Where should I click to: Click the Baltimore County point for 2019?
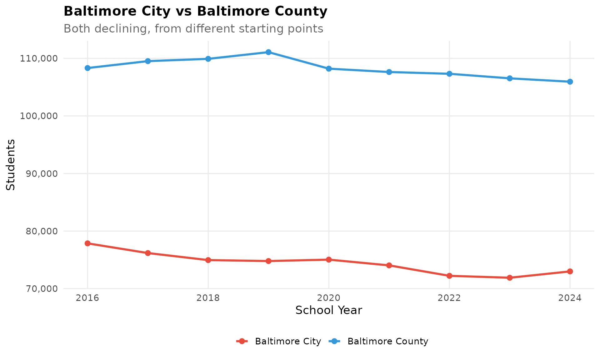pyautogui.click(x=268, y=52)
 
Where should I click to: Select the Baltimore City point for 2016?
pyautogui.click(x=87, y=243)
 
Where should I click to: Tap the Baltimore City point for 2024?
pyautogui.click(x=570, y=271)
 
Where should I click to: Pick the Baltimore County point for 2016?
pyautogui.click(x=87, y=68)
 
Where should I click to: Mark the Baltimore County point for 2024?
pyautogui.click(x=570, y=82)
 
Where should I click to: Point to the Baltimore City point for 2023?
pyautogui.click(x=510, y=277)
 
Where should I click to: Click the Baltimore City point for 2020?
pyautogui.click(x=329, y=260)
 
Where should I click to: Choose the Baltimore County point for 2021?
pyautogui.click(x=389, y=72)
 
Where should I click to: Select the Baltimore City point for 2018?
pyautogui.click(x=208, y=260)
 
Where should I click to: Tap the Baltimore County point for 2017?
pyautogui.click(x=148, y=61)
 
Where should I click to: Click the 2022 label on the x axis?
pyautogui.click(x=449, y=298)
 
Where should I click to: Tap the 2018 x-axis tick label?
pyautogui.click(x=208, y=298)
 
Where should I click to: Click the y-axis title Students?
pyautogui.click(x=11, y=165)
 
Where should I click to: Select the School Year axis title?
pyautogui.click(x=329, y=311)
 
